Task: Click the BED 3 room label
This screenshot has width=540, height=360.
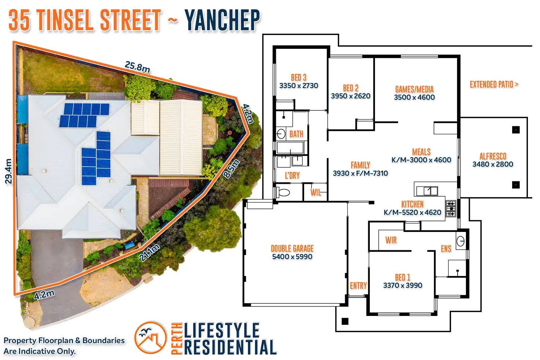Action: pyautogui.click(x=299, y=78)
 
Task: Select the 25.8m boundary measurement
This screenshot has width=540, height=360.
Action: pyautogui.click(x=138, y=67)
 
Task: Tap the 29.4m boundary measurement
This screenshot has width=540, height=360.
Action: pyautogui.click(x=8, y=171)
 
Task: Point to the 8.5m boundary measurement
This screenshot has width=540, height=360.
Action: pyautogui.click(x=231, y=168)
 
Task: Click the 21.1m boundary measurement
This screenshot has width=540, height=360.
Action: pyautogui.click(x=149, y=253)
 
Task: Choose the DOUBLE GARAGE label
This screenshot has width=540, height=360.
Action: pyautogui.click(x=292, y=248)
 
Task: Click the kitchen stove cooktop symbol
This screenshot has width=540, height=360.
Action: pyautogui.click(x=451, y=208)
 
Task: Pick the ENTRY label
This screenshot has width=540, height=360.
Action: pyautogui.click(x=358, y=286)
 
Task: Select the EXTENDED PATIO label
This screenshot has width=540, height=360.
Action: pyautogui.click(x=494, y=84)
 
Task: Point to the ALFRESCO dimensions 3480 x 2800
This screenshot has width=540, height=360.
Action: pyautogui.click(x=493, y=164)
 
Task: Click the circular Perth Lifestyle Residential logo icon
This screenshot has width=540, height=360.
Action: pyautogui.click(x=151, y=338)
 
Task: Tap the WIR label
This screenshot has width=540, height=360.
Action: pyautogui.click(x=391, y=240)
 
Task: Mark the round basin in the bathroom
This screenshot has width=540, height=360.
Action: pyautogui.click(x=281, y=134)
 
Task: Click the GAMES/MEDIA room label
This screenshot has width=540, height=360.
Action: pyautogui.click(x=415, y=90)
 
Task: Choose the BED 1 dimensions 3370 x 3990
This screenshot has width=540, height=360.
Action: pyautogui.click(x=402, y=286)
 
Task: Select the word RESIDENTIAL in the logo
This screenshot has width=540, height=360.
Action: pyautogui.click(x=230, y=347)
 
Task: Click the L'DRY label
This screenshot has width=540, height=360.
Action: pyautogui.click(x=292, y=175)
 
